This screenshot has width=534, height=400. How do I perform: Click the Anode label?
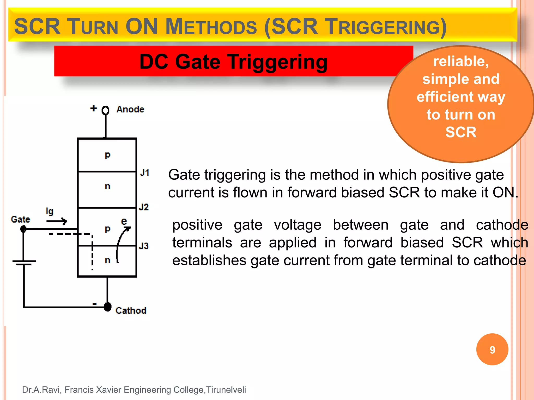click(x=130, y=109)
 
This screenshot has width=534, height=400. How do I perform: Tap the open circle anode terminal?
click(x=105, y=110)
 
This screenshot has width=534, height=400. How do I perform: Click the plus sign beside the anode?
click(x=94, y=108)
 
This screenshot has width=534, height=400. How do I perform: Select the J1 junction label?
click(x=145, y=173)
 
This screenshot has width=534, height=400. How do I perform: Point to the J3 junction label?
click(x=144, y=246)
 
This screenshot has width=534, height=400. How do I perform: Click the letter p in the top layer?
click(x=107, y=155)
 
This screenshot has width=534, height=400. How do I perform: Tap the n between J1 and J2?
click(x=107, y=186)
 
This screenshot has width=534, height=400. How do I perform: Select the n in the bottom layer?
click(x=107, y=260)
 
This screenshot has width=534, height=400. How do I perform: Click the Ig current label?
click(x=50, y=211)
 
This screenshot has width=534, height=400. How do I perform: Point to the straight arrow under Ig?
click(x=57, y=221)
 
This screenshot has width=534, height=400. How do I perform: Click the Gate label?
click(x=20, y=219)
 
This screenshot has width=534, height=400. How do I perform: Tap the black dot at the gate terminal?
click(x=23, y=229)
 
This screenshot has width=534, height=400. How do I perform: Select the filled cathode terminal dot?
click(x=107, y=307)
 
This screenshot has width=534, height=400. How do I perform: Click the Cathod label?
click(x=131, y=310)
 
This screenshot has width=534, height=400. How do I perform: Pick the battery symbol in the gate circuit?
click(x=24, y=262)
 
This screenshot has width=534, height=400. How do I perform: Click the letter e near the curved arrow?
click(x=124, y=221)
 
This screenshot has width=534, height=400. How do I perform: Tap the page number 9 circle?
click(x=492, y=349)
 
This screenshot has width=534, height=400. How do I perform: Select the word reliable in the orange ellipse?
click(x=461, y=61)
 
